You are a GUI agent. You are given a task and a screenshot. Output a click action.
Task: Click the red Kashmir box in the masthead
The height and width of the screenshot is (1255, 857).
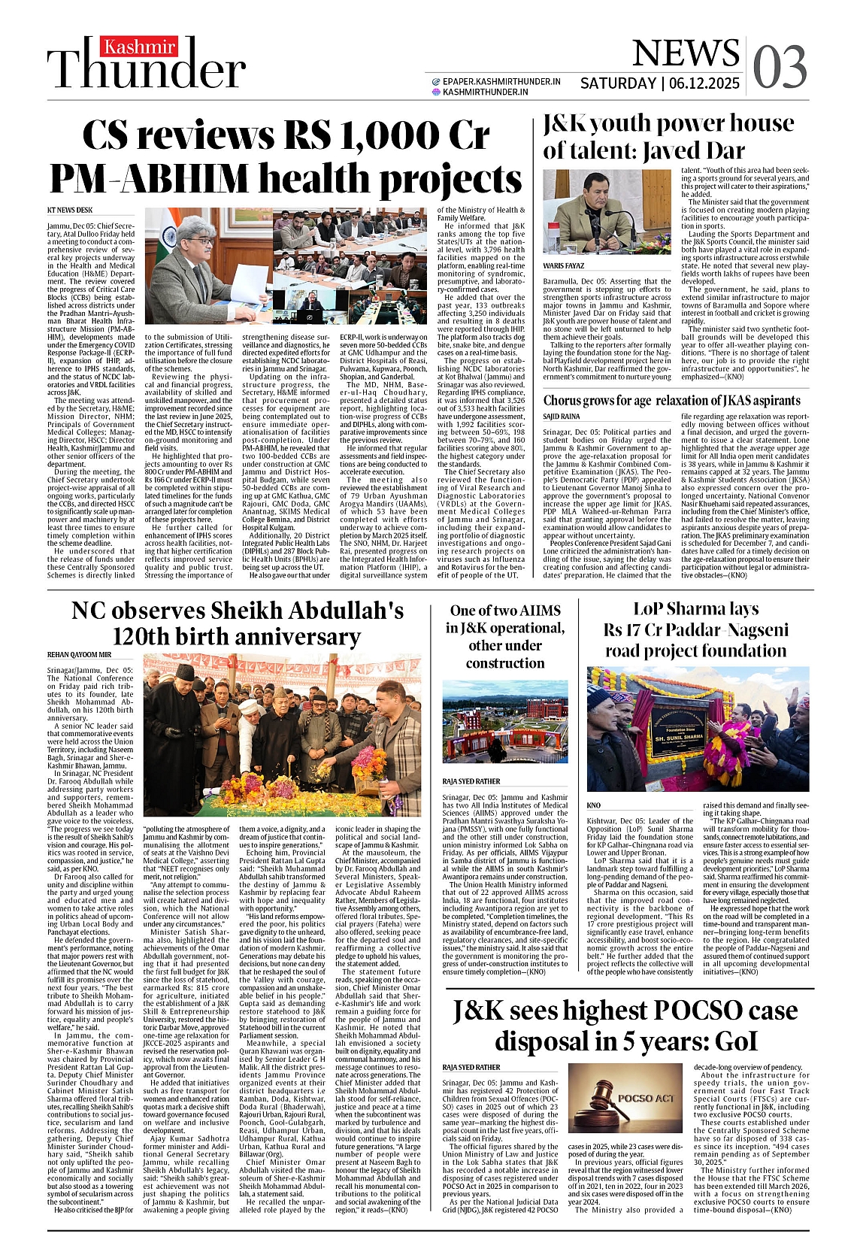coord(140,47)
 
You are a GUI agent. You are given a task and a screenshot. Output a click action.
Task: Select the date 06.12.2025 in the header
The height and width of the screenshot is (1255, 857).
coord(704,83)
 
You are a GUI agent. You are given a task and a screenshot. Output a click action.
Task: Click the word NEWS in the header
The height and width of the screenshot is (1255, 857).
coord(686,53)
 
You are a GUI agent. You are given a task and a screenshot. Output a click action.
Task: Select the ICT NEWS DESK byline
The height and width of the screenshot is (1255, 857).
coord(70,211)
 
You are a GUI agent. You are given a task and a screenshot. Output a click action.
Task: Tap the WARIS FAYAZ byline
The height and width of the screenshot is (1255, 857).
coord(564,266)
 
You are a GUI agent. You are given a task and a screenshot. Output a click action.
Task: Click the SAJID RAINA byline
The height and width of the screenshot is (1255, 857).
coord(562,416)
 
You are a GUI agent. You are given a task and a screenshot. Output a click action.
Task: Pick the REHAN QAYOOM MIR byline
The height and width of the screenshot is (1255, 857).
coord(79,655)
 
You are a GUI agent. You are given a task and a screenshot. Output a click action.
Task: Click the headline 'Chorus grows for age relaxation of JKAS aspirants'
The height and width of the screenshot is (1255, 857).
coord(671,401)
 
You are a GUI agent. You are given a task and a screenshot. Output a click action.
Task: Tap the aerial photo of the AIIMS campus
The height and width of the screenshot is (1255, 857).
coord(504,725)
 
